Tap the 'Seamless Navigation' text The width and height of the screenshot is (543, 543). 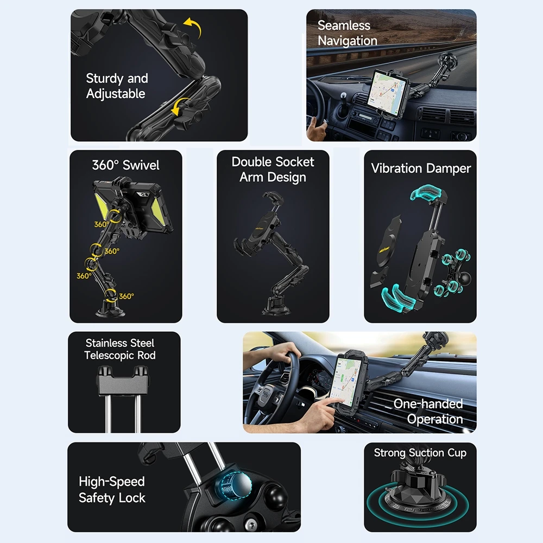[347, 33]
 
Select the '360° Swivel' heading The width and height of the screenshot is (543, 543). [125, 165]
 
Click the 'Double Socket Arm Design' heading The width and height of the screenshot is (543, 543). [273, 169]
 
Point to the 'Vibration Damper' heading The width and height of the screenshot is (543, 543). [420, 168]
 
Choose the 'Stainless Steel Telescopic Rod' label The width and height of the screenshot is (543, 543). [119, 349]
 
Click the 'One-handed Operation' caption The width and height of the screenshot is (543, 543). [428, 411]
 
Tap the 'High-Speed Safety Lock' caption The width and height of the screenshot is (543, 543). [112, 489]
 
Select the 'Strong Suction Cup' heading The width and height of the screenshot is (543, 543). [420, 453]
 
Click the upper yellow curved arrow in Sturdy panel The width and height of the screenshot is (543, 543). [192, 26]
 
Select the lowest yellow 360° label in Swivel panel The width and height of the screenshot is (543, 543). [126, 296]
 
